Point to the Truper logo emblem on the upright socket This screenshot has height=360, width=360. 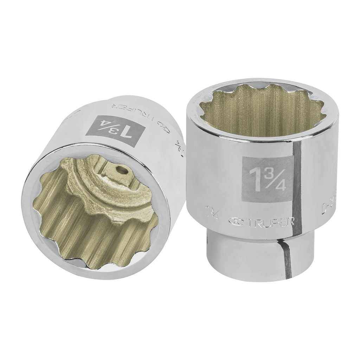pos(235,221)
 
